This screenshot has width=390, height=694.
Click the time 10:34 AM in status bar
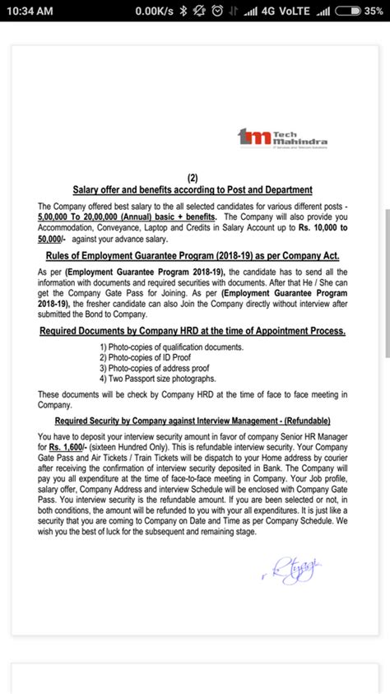click(x=29, y=9)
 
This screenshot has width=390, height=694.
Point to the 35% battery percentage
click(x=374, y=9)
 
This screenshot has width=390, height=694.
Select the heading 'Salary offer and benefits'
click(x=193, y=189)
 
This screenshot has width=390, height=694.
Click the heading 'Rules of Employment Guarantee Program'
click(x=193, y=256)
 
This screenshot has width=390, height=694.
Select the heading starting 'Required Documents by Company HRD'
click(x=193, y=331)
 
